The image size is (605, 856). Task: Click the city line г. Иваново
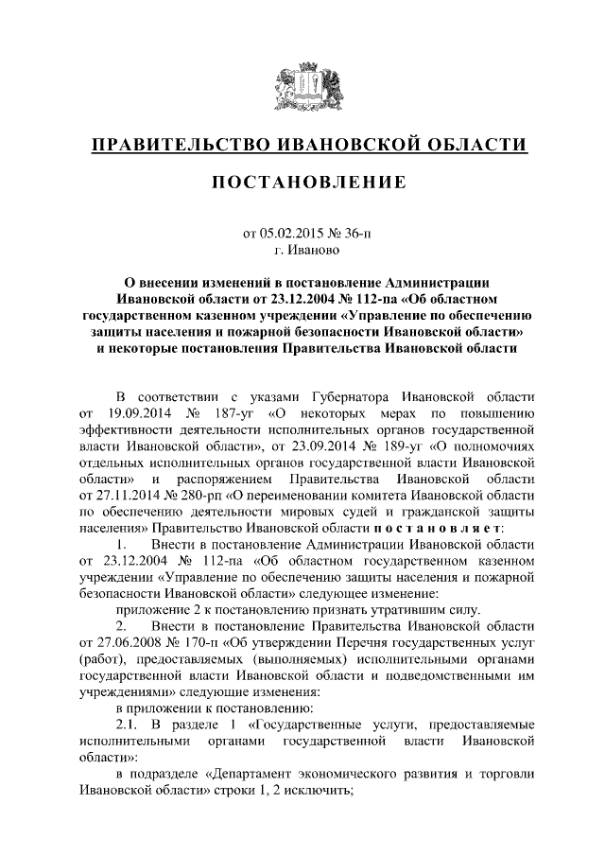302,251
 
